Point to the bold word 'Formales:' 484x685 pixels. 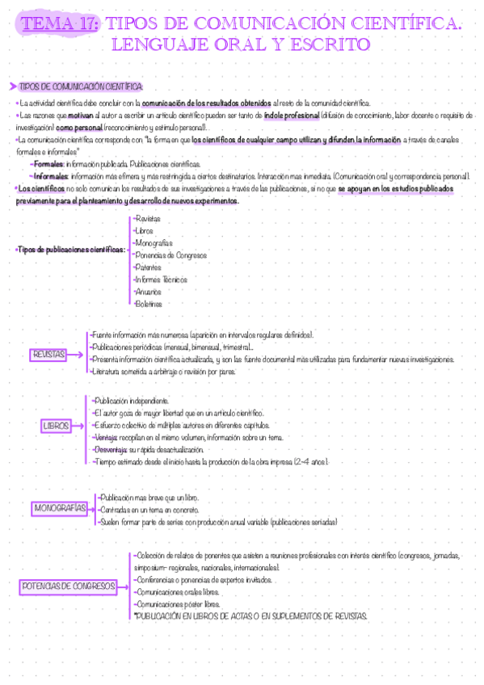(50, 163)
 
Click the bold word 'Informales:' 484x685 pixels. (52, 175)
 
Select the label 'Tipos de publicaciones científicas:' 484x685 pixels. (71, 250)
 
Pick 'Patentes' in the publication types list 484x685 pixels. (149, 267)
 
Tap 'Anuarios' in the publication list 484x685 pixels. (149, 292)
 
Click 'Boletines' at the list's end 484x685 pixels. (149, 304)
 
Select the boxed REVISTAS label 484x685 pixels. (50, 355)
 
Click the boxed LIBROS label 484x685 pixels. (56, 425)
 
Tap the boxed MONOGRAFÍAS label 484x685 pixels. (61, 508)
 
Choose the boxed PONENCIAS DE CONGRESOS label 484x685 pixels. (68, 586)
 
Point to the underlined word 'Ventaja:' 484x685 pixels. (105, 437)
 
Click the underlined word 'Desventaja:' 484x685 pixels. (110, 449)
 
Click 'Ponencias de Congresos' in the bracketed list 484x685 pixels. (171, 255)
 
